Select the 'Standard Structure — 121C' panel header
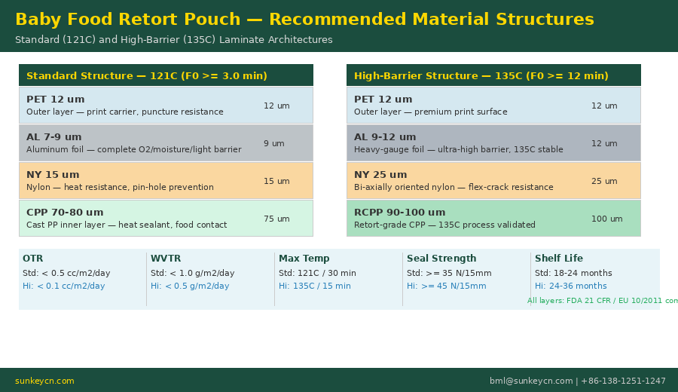(x=147, y=76)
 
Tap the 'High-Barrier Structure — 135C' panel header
(x=481, y=76)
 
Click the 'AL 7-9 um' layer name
(x=54, y=137)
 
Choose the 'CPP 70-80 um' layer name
(x=65, y=213)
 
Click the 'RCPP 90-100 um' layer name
(x=399, y=213)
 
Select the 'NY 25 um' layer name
(x=380, y=175)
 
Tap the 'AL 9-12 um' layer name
(x=385, y=137)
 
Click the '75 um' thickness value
(x=276, y=219)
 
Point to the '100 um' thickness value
(x=606, y=219)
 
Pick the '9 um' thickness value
(x=273, y=144)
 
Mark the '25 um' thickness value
(x=604, y=182)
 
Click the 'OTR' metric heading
(x=32, y=259)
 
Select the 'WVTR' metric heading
(x=166, y=259)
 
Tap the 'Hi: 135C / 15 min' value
(x=314, y=286)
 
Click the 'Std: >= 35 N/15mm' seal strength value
(x=449, y=274)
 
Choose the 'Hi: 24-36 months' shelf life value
(x=570, y=286)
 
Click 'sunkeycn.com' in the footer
(x=44, y=381)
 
